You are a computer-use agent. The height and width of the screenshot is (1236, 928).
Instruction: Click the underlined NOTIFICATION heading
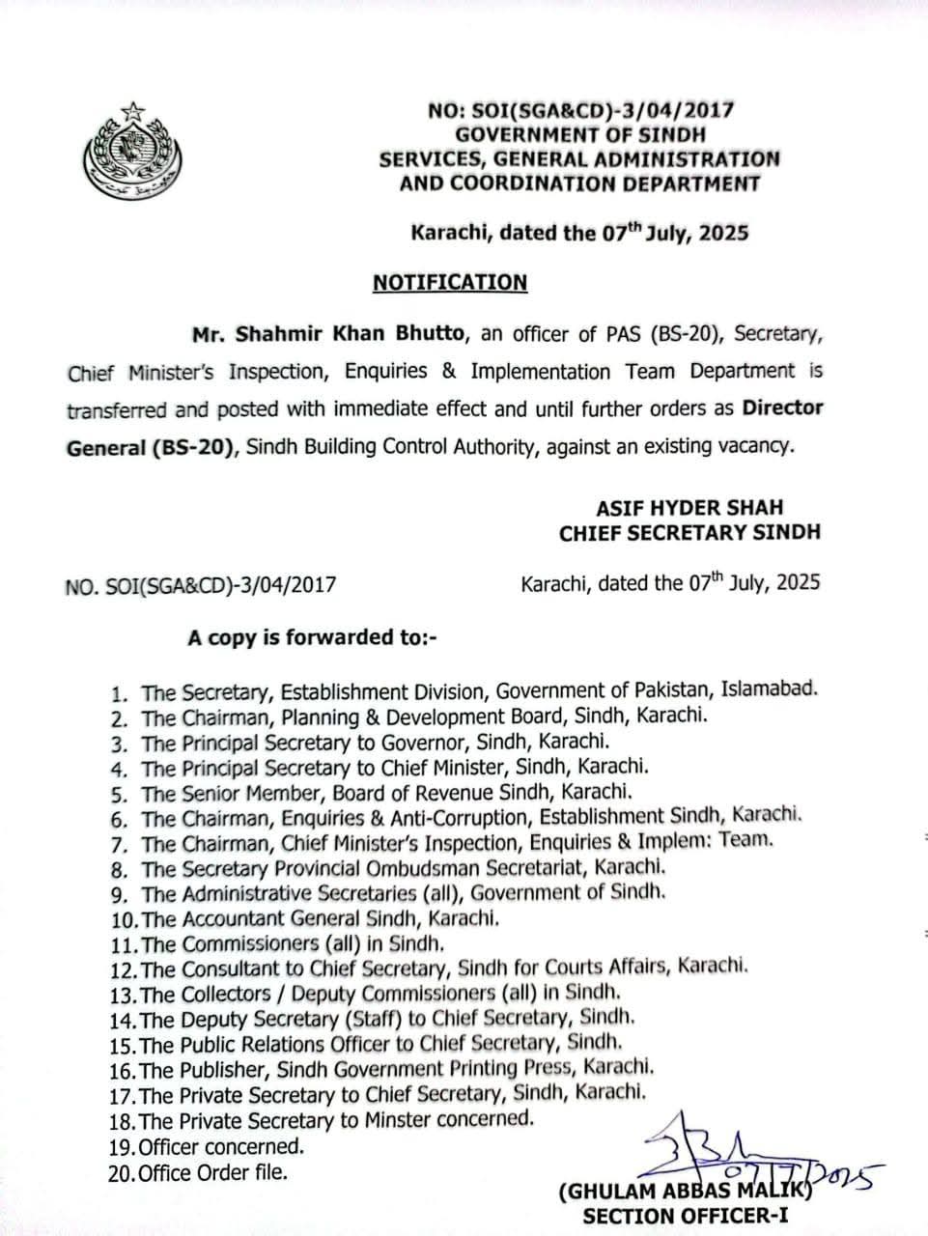click(450, 282)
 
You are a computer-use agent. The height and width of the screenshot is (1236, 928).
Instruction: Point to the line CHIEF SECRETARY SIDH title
click(689, 532)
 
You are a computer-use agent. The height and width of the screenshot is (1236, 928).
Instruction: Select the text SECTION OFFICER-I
click(685, 1216)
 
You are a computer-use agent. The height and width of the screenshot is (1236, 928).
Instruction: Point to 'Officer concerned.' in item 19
click(221, 1147)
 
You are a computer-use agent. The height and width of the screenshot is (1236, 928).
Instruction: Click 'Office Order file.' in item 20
click(213, 1173)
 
